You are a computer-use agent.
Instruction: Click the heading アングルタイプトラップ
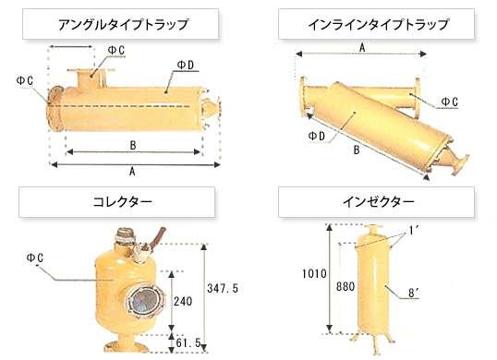point(136,24)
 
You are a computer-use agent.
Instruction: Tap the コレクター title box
point(116,200)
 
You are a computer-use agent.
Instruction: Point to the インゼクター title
point(379,200)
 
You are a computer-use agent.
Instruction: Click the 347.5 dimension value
point(224,289)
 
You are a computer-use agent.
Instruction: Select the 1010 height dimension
point(315,273)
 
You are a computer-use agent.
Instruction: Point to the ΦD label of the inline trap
point(316,136)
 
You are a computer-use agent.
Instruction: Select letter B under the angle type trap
point(134,145)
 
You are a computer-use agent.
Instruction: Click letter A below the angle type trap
point(134,172)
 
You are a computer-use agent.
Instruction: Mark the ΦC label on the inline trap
point(449,101)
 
